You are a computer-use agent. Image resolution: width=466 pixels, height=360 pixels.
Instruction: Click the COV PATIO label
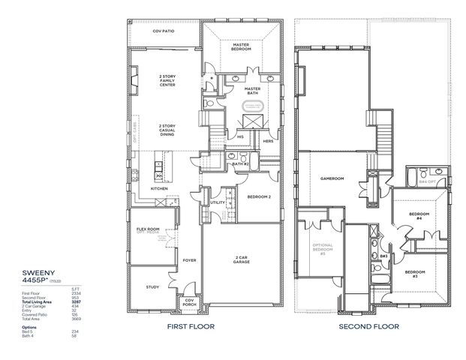tap(163, 31)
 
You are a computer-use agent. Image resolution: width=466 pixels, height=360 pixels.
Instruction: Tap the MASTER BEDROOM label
tap(241, 46)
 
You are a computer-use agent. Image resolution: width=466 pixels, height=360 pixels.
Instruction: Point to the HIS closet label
tap(240, 136)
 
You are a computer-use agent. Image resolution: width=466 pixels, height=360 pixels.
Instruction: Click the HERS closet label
tap(266, 140)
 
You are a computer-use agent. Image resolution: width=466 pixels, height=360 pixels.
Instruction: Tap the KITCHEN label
tap(159, 188)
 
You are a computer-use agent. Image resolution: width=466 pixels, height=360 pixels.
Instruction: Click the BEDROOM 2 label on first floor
tap(259, 197)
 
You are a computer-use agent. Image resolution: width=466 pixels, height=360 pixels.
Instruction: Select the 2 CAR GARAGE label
tap(240, 260)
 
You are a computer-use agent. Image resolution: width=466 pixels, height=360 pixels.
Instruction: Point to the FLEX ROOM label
tap(147, 229)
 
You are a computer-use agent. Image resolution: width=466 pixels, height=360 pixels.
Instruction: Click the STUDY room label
tap(152, 286)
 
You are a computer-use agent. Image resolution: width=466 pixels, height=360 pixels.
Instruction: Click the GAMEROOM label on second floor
tap(332, 178)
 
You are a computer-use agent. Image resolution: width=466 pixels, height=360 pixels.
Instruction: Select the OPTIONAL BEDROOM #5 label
tap(323, 249)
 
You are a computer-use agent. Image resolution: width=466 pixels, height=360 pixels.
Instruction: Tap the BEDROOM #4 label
tap(418, 216)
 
